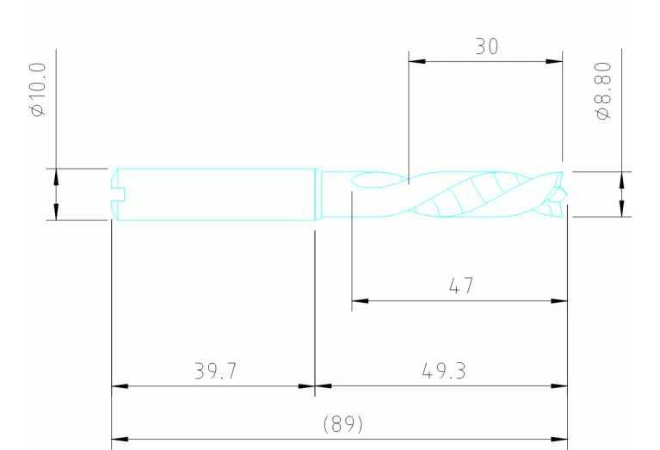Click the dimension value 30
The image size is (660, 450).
tap(486, 46)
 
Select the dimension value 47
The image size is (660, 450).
tap(460, 286)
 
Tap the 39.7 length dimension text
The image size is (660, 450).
tap(215, 371)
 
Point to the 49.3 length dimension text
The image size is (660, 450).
tap(444, 371)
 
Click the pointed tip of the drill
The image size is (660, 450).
tap(564, 194)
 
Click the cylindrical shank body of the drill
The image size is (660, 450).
tap(215, 194)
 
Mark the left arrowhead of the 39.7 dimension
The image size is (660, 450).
tap(120, 386)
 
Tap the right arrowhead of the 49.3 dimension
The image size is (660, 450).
tap(559, 386)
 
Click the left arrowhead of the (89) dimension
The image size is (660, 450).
tap(120, 439)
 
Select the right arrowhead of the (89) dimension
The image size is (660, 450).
tap(559, 439)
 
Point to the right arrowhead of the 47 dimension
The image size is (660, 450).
tap(559, 301)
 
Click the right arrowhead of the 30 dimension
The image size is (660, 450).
tap(554, 61)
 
